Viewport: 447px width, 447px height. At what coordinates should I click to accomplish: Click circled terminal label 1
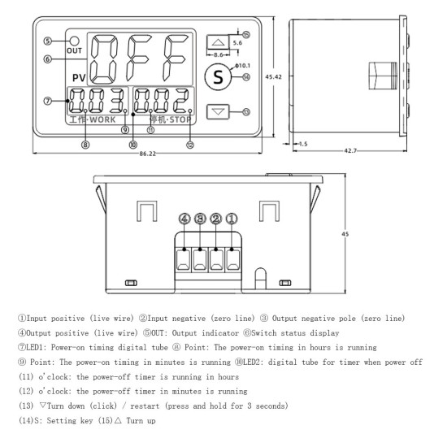232,217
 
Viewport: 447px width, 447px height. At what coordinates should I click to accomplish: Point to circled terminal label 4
185,217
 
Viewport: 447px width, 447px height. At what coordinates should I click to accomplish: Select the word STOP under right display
173,119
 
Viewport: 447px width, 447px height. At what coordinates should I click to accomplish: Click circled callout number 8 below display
85,144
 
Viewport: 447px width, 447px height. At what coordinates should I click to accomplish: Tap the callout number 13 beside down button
248,112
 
